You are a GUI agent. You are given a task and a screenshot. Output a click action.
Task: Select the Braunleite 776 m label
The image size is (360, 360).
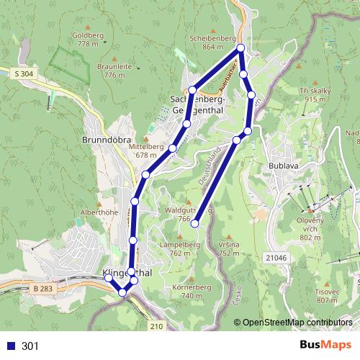pos(114,70)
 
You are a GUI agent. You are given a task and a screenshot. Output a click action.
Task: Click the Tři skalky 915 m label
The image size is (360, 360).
pos(315,94)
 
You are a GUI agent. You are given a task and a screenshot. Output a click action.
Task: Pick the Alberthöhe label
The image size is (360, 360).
pos(99,213)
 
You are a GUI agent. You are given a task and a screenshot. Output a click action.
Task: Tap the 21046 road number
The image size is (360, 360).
pos(275,257)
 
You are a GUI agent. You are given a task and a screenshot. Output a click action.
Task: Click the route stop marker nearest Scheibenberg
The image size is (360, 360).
pos(241,48)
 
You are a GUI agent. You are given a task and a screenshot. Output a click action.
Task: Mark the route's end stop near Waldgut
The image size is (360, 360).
pos(194,224)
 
